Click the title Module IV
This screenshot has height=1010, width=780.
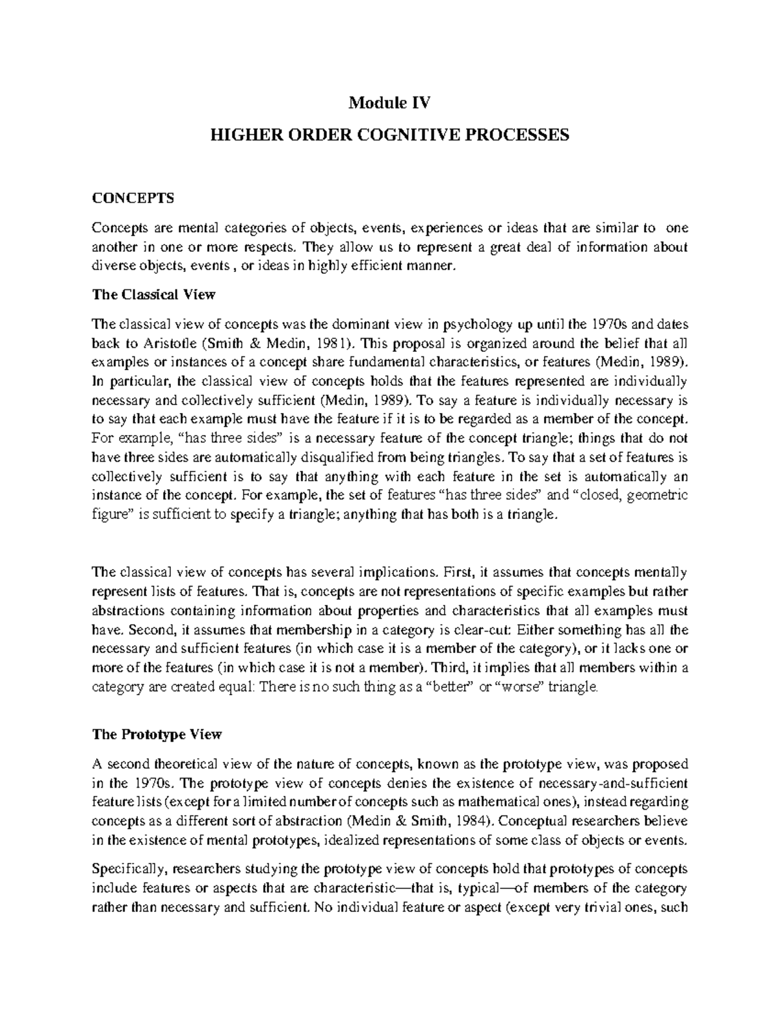point(390,102)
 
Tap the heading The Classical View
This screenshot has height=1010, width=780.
point(153,294)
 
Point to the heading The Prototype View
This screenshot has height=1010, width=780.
point(157,734)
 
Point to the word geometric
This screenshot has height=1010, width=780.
point(658,496)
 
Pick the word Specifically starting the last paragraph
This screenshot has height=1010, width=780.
point(125,869)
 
